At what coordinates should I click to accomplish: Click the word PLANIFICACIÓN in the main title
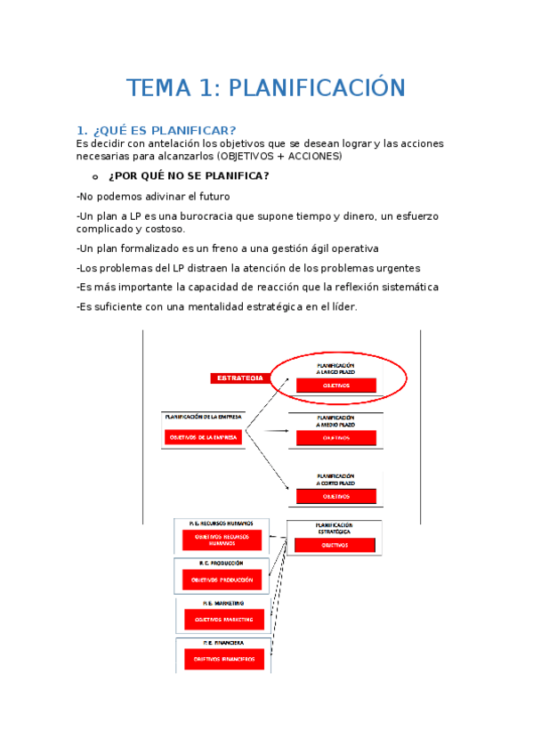tap(318, 88)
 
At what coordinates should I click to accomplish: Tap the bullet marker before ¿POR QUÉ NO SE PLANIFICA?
tap(95, 175)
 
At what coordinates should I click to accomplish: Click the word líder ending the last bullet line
tap(342, 307)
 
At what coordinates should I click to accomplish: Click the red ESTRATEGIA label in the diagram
tap(238, 378)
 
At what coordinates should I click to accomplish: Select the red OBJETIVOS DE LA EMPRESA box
tap(203, 437)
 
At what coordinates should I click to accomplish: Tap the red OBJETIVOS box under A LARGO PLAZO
tap(335, 386)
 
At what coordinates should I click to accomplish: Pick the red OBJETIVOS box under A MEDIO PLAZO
tap(335, 438)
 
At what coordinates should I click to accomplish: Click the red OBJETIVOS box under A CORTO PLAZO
tap(335, 496)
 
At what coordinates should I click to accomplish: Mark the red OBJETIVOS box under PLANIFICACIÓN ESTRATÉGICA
tap(335, 545)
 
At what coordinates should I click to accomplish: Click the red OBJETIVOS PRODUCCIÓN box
tap(222, 580)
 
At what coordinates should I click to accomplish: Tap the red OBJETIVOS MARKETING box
tap(223, 620)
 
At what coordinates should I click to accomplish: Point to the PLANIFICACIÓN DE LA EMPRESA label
tap(203, 416)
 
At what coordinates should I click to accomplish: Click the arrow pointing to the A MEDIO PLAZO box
tap(281, 431)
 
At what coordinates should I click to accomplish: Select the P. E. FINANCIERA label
tap(223, 641)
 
